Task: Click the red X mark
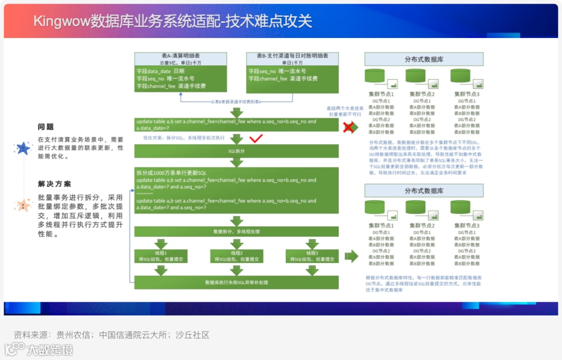point(349,126)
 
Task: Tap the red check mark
point(256,139)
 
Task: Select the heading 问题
point(46,126)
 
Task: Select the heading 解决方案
point(55,184)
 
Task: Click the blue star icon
point(23,149)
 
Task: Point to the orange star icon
point(23,205)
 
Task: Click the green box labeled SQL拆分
point(236,151)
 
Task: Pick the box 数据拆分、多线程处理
point(236,232)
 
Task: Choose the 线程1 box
point(161,256)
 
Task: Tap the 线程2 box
point(237,256)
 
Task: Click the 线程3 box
point(312,256)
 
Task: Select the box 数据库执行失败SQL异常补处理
point(236,282)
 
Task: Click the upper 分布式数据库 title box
point(424,59)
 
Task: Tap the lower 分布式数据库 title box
point(424,191)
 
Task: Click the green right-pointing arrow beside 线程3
point(352,256)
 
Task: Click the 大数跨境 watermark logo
point(39,350)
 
